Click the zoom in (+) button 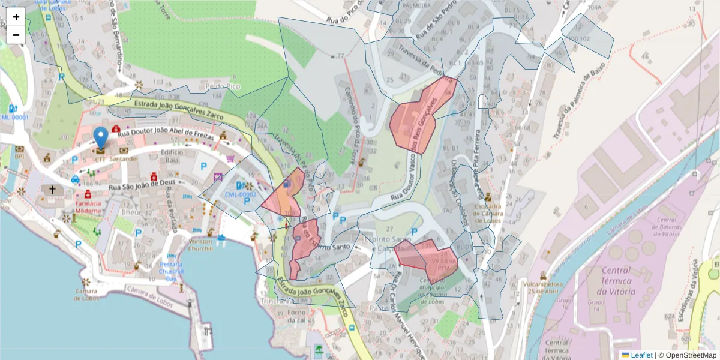(x=16, y=17)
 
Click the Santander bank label (x=124, y=159)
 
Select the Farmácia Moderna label (x=88, y=207)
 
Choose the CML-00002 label (x=241, y=194)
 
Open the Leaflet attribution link (x=641, y=355)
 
